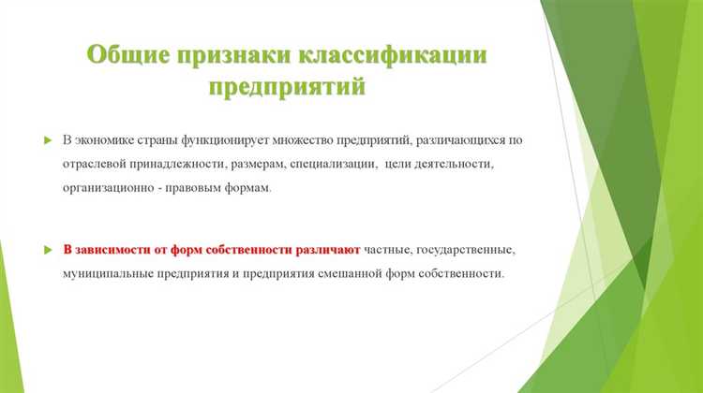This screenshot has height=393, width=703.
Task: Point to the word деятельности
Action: [465, 164]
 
